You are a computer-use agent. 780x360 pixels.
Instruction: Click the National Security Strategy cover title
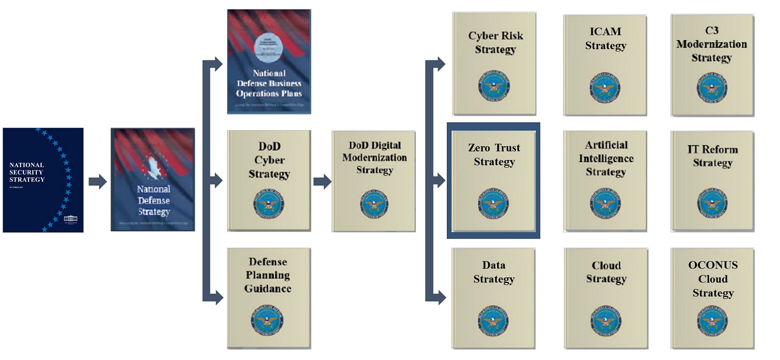point(27,172)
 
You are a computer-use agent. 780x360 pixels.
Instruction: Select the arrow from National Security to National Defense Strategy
point(97,182)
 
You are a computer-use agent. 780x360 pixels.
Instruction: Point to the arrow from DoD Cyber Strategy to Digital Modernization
point(321,182)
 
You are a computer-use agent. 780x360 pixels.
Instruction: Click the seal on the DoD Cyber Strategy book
point(269,205)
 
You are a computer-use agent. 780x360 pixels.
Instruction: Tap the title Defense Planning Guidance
point(268,275)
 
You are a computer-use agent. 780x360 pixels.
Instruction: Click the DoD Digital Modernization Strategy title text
point(374,157)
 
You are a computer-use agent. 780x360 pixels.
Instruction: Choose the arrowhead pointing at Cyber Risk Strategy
point(439,64)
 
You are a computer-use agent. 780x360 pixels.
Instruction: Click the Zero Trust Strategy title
point(494,155)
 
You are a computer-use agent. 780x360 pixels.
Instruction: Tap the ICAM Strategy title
point(605,39)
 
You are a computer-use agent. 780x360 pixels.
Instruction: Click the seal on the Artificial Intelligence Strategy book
point(606,206)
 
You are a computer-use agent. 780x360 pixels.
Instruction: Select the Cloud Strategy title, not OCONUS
point(606,272)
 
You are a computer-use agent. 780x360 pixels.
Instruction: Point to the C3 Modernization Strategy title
point(711,44)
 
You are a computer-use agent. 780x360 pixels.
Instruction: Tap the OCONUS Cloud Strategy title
point(712,279)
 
